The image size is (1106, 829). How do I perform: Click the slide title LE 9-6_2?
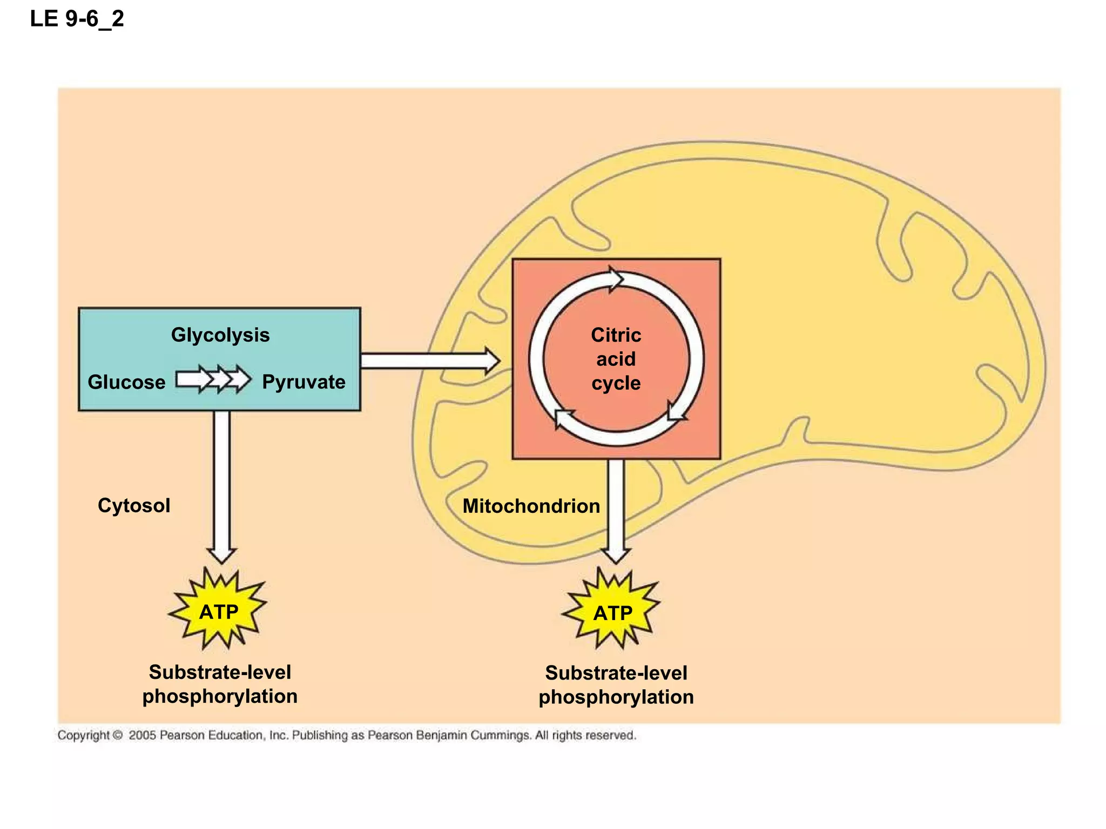(77, 19)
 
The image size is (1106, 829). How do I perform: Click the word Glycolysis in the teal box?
(220, 335)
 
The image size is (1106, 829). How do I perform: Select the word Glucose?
(126, 382)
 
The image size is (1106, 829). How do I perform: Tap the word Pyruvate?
(304, 382)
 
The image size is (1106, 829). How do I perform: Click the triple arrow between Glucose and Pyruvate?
(213, 379)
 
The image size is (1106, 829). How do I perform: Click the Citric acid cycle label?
(616, 359)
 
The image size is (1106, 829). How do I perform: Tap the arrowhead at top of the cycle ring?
(616, 279)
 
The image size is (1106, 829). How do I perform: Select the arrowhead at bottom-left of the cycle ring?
(563, 418)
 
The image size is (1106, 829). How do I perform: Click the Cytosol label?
(134, 506)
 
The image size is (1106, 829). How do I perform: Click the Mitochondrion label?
(531, 506)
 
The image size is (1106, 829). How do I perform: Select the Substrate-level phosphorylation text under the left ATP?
(220, 684)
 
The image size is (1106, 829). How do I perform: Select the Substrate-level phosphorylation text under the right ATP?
(616, 685)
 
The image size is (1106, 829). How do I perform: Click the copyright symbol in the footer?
(118, 735)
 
